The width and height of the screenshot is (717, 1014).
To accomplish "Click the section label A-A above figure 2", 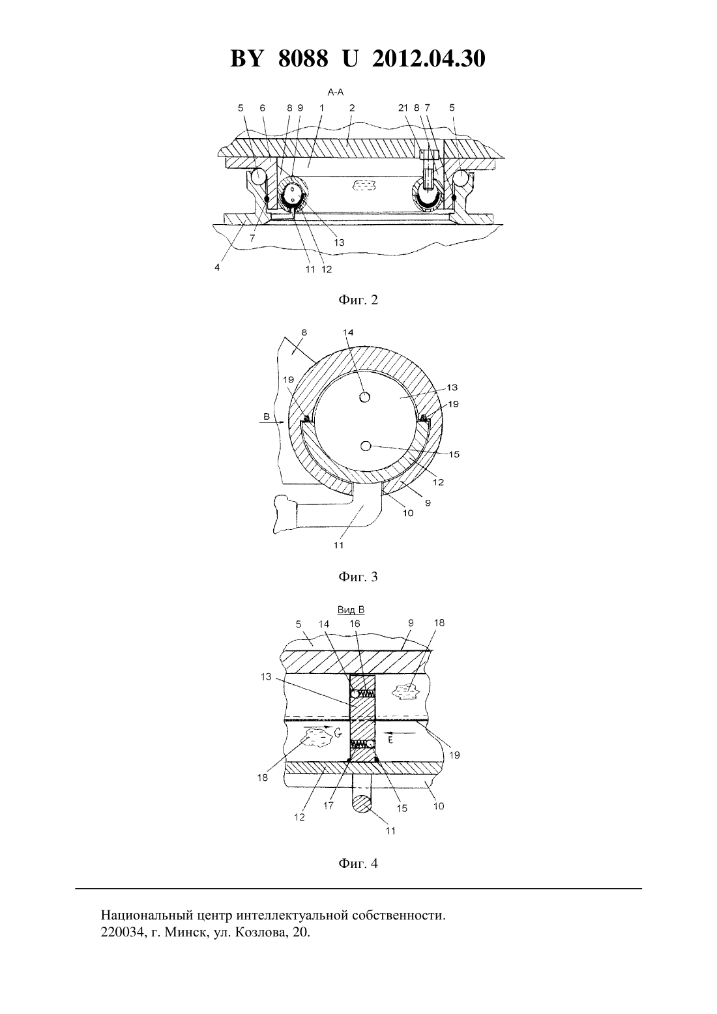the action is click(336, 93).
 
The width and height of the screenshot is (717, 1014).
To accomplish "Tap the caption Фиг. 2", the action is click(358, 300).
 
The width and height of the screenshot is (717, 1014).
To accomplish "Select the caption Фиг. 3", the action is click(358, 577).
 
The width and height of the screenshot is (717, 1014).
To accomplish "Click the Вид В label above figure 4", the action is click(351, 610).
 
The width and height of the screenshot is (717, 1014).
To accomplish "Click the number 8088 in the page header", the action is click(303, 59).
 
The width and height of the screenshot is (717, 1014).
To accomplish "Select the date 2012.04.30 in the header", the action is click(429, 59).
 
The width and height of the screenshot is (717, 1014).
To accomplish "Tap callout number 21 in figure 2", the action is click(403, 108).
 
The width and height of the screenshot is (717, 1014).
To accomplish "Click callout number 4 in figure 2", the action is click(217, 268).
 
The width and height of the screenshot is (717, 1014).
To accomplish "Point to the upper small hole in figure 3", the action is click(365, 397).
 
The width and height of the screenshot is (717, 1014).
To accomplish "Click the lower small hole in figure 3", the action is click(366, 446).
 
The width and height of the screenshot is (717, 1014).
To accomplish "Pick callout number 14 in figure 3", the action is click(348, 332).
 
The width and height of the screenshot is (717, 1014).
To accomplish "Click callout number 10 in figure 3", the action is click(408, 513).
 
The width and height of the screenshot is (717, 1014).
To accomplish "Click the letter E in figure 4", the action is click(390, 739).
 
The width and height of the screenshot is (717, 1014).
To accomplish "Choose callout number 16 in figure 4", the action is click(355, 624).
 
